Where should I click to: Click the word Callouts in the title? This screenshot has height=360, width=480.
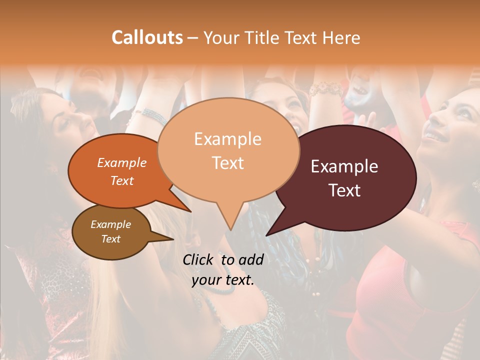point(147,37)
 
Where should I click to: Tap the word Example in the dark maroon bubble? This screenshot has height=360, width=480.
point(344,166)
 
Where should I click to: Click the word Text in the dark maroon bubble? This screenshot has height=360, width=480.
point(344,190)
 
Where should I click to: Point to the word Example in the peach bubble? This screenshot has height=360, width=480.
point(227,139)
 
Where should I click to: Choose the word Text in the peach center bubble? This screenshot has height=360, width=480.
point(227,163)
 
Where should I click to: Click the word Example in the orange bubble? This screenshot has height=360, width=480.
point(122,162)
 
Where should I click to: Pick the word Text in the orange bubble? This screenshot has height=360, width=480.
point(122,180)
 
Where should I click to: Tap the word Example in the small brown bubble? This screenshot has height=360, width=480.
point(111,224)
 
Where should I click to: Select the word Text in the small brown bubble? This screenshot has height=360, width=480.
point(111,239)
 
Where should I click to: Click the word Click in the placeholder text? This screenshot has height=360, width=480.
point(199,259)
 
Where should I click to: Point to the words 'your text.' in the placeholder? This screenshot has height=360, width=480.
point(223,280)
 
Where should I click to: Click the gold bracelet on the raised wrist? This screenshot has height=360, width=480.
point(325,90)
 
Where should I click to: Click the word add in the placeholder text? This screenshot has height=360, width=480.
point(250,259)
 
